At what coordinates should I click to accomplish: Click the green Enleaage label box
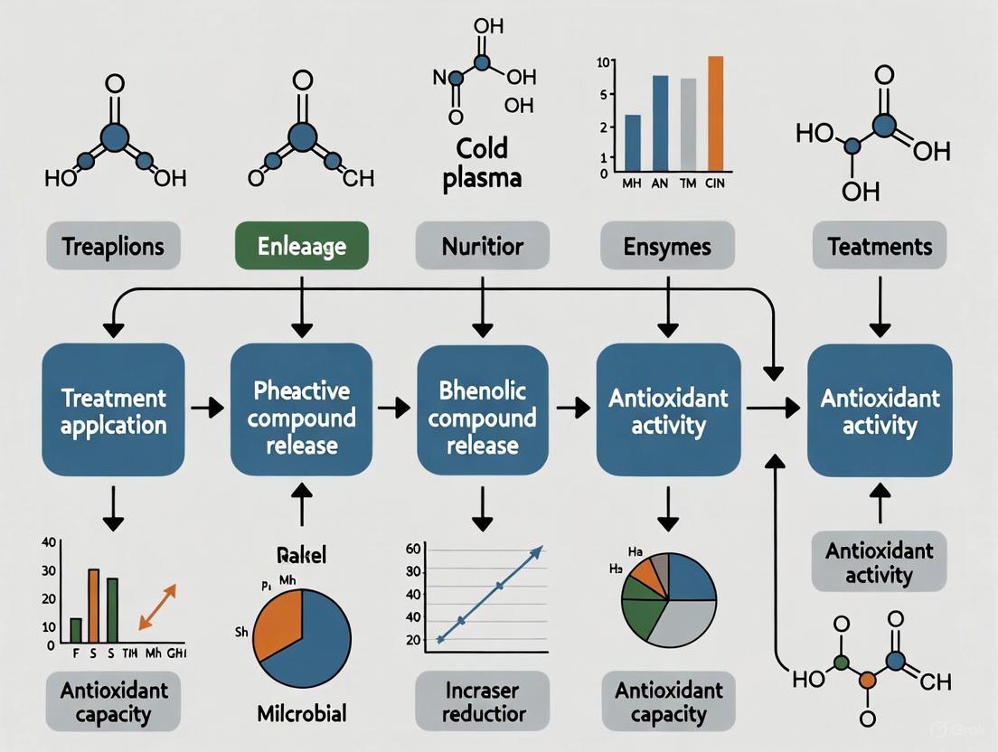pyautogui.click(x=300, y=246)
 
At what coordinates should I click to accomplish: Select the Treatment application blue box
pyautogui.click(x=113, y=411)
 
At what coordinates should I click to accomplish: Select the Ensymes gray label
pyautogui.click(x=666, y=246)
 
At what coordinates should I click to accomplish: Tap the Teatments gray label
pyautogui.click(x=878, y=246)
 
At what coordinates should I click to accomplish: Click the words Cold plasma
pyautogui.click(x=482, y=163)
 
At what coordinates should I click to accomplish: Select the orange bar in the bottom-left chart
pyautogui.click(x=93, y=603)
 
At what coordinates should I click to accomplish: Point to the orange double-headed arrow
pyautogui.click(x=156, y=606)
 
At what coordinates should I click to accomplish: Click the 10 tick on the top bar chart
pyautogui.click(x=606, y=62)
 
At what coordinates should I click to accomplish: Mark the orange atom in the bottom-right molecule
pyautogui.click(x=865, y=676)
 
